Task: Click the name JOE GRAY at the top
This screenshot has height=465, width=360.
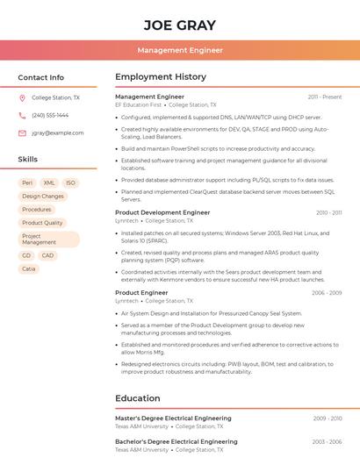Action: (x=179, y=25)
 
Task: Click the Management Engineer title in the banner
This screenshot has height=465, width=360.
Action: (x=180, y=51)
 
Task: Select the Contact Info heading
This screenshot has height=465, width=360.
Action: (x=41, y=77)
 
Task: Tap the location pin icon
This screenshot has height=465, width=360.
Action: (x=22, y=98)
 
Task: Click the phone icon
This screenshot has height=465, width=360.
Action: (x=22, y=115)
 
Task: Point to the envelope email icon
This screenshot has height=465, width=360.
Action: (x=22, y=132)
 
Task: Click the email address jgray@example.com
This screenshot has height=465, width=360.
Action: (x=58, y=132)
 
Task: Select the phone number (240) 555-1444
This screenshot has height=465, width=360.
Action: (x=50, y=115)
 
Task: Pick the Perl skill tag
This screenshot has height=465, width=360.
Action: (x=27, y=182)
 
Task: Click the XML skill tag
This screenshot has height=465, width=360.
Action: (x=49, y=182)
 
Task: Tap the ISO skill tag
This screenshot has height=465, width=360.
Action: (x=70, y=182)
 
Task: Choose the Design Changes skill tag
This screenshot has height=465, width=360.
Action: (x=43, y=196)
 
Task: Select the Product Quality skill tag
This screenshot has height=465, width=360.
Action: (x=42, y=223)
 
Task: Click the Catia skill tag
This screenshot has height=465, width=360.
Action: (x=29, y=268)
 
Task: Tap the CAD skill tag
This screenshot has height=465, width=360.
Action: (x=47, y=255)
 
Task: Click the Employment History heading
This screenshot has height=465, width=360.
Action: (x=161, y=77)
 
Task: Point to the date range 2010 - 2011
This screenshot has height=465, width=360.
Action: (x=328, y=212)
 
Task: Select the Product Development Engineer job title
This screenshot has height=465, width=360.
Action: (x=162, y=212)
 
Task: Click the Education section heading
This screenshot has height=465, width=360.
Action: (x=138, y=398)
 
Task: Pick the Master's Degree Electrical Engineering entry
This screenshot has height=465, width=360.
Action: (x=173, y=418)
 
